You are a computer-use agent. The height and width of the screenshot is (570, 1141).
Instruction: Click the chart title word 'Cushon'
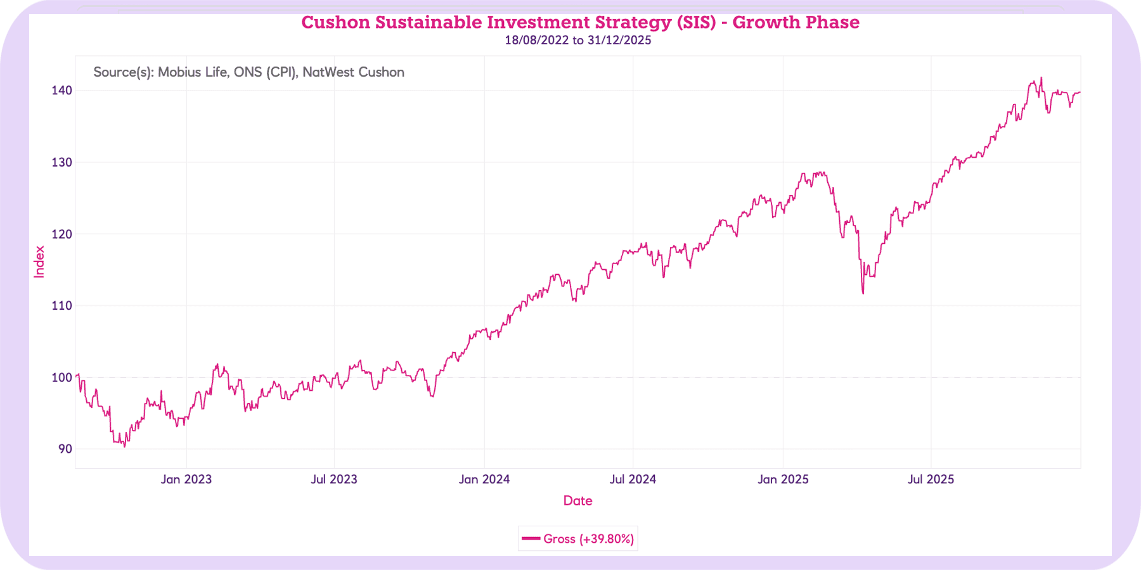335,23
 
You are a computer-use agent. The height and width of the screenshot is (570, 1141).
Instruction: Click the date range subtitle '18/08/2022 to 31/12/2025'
577,41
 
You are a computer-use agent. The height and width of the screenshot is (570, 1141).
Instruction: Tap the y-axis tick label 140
61,91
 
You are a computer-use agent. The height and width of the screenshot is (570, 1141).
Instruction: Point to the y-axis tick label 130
61,162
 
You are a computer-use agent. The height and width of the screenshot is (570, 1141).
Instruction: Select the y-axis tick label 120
61,234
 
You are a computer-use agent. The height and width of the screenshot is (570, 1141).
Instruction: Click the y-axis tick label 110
61,305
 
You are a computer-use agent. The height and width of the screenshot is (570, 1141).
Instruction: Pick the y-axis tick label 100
61,377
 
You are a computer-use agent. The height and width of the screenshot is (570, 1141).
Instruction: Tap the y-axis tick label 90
65,449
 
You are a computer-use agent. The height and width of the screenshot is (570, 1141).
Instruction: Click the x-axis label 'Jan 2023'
186,479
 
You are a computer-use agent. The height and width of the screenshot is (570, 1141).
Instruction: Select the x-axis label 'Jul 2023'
333,479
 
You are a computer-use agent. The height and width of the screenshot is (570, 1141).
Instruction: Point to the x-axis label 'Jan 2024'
484,479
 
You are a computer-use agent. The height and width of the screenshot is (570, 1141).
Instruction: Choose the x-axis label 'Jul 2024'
633,479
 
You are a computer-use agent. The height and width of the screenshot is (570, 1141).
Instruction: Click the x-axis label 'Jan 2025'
783,479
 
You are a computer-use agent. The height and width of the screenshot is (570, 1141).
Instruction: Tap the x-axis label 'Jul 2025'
931,479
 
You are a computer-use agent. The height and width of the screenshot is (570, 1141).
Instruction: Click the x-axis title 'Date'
577,501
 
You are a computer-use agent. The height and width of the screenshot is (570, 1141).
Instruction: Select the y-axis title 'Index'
39,262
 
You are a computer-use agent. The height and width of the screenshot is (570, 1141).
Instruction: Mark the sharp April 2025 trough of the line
863,293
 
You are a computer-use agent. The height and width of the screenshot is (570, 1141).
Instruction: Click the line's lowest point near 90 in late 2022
124,446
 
